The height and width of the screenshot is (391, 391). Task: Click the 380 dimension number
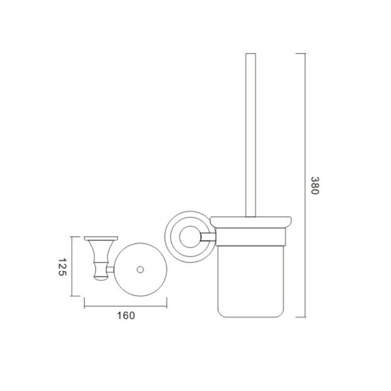pos(315,186)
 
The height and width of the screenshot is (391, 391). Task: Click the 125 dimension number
pos(63,267)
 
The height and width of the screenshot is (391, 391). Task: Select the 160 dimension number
pos(126,315)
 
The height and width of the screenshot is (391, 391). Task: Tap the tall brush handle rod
pos(251,135)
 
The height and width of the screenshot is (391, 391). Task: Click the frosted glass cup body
pos(251,282)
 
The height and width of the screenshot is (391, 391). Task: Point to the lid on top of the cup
pos(251,222)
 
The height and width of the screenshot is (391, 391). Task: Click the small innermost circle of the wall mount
pos(190,237)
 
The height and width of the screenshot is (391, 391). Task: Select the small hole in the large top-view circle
pos(140,270)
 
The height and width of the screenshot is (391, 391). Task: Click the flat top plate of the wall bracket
pos(101,238)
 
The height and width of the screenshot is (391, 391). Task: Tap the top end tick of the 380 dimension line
pos(301,53)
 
